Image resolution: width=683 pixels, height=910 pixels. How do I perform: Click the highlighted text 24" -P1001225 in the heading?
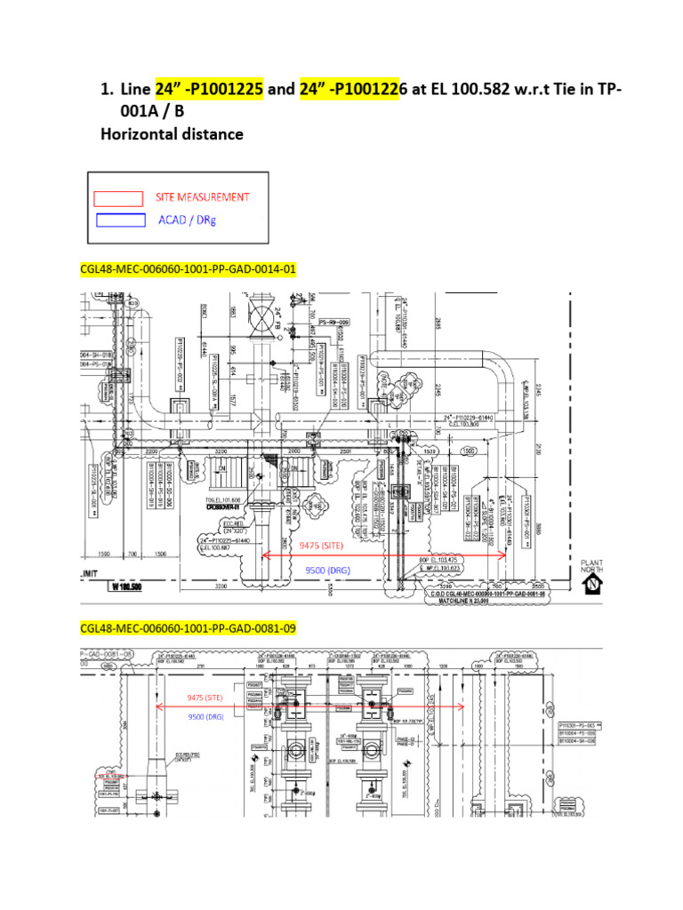(209, 90)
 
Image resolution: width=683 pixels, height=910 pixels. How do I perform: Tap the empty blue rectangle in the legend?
(121, 220)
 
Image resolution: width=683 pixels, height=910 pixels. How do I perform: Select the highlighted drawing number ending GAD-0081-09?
(188, 628)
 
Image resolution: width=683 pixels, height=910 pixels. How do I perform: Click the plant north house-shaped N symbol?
(591, 585)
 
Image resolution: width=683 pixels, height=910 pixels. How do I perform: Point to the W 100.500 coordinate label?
(130, 587)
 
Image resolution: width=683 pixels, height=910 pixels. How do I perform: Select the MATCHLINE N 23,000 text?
(486, 601)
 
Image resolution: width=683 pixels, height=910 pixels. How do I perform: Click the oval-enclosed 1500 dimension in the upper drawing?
(469, 450)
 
